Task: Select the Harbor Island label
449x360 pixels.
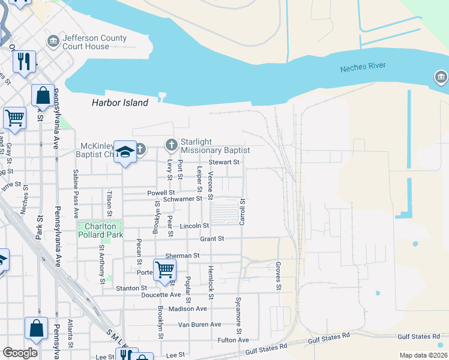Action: coord(120,103)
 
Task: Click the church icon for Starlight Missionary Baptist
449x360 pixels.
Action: coord(172,145)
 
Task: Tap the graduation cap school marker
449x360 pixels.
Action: coord(125,152)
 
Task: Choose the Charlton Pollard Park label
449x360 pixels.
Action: coord(100,230)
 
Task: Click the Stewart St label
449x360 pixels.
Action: coord(224,162)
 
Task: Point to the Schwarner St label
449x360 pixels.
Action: coord(182,199)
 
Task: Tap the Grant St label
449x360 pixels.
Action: coord(212,238)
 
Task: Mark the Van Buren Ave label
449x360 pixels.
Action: coord(199,325)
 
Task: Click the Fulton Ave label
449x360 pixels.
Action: coord(233,340)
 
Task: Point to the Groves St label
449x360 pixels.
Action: coord(279,276)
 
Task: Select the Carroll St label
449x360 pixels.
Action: coord(243,212)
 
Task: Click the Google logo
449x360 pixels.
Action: coord(20,353)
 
